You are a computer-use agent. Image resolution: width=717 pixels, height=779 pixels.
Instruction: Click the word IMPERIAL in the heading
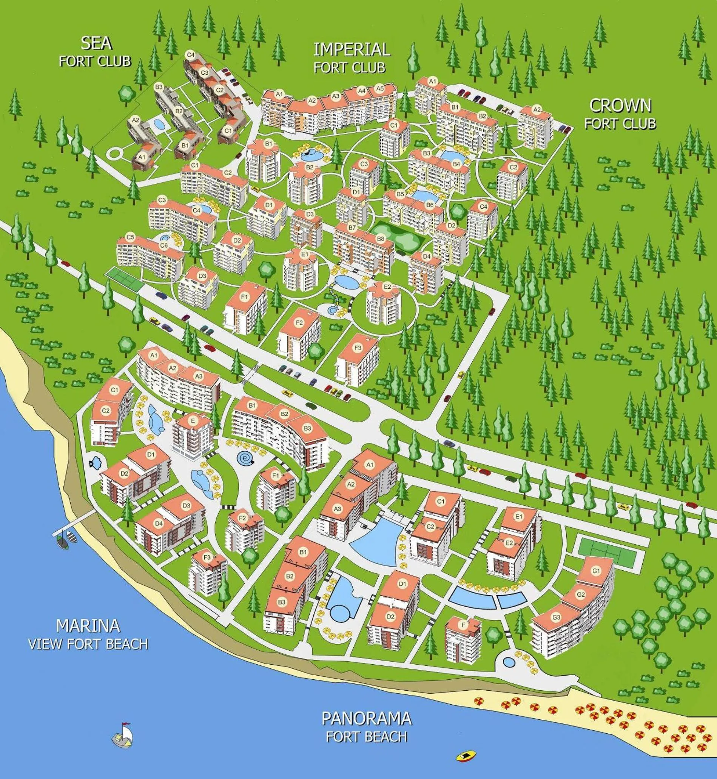click(x=352, y=50)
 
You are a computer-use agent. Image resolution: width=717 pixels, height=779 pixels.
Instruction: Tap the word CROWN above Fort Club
click(x=620, y=105)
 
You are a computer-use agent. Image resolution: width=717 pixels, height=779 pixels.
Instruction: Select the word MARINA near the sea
click(x=88, y=626)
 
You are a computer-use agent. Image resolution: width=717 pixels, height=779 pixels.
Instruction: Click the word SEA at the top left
click(x=96, y=43)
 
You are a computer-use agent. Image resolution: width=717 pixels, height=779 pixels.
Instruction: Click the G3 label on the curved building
click(x=556, y=618)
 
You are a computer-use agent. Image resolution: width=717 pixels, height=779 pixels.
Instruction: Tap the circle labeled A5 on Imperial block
click(x=380, y=89)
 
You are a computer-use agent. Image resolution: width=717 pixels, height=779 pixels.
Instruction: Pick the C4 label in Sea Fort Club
click(x=190, y=55)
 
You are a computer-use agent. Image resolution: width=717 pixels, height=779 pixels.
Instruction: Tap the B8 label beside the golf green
click(x=380, y=239)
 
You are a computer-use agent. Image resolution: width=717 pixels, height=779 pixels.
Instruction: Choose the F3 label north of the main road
click(x=357, y=349)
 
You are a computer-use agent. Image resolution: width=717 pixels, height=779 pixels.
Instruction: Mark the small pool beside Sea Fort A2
click(x=159, y=125)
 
